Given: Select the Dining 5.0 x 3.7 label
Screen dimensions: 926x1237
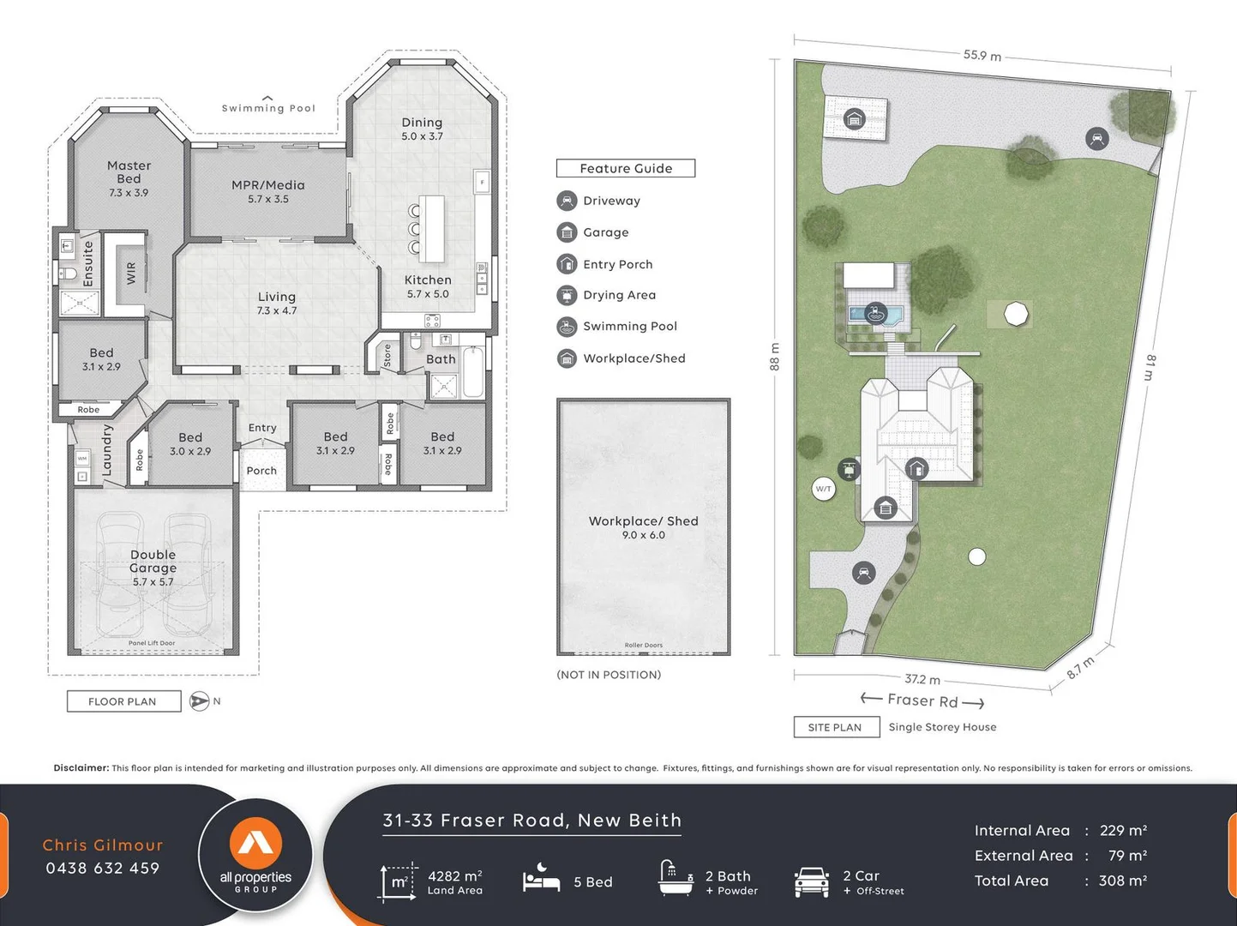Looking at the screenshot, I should [422, 129].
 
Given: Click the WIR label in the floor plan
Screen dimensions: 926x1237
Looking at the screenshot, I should [131, 274].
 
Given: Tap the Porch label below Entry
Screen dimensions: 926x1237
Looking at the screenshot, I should [261, 471].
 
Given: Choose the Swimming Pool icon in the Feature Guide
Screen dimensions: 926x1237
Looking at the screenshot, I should [567, 327].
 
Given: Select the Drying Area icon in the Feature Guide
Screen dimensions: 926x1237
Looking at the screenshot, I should [567, 296].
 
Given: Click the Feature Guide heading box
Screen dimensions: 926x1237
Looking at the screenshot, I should [626, 168].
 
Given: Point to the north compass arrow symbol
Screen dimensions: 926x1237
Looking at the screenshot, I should [199, 701].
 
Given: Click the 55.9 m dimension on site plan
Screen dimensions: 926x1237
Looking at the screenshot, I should [982, 55].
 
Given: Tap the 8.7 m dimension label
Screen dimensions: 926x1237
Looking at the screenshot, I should [1080, 668].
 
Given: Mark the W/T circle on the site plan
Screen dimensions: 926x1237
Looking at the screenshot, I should [823, 489].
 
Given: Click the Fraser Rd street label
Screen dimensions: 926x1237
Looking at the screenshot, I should [922, 701].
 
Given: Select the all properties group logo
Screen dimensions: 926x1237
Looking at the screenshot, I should [255, 855].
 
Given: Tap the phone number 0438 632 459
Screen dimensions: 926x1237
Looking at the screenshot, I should [103, 868].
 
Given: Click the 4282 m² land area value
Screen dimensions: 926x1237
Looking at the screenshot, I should [454, 876].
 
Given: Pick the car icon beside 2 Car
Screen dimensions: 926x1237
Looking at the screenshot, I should [811, 881].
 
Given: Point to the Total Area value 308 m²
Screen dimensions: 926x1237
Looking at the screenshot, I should [1123, 881].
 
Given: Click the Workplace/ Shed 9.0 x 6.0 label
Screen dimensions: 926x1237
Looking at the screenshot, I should [643, 526].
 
